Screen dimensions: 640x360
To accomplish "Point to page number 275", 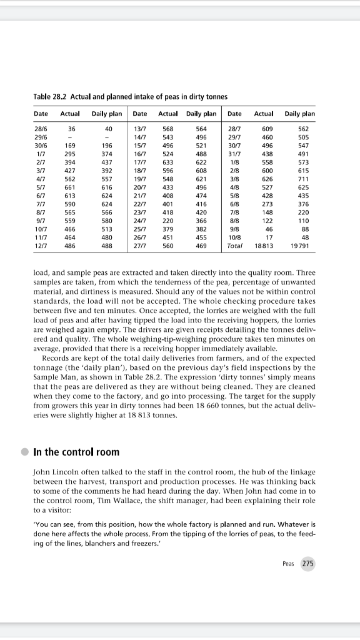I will click(307, 564).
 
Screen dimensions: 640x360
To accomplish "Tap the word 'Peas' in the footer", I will click(288, 564).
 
